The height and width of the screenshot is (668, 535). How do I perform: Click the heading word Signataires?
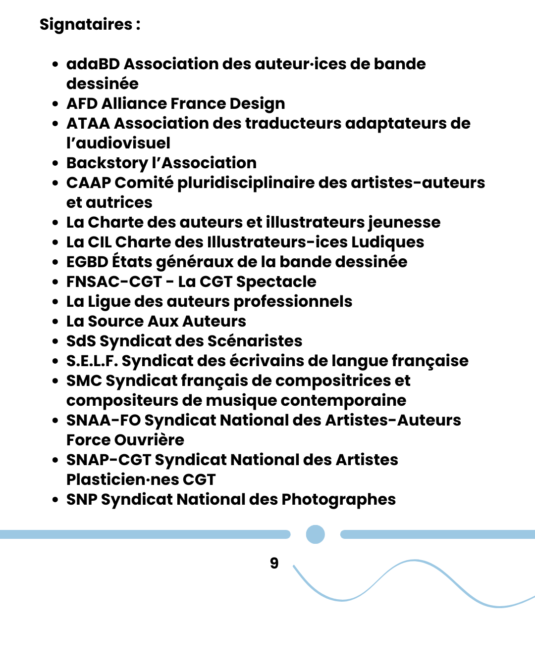click(86, 24)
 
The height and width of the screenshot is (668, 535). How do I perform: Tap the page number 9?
click(274, 563)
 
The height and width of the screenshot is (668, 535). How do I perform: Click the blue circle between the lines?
click(316, 534)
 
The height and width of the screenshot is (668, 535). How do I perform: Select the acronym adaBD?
click(93, 64)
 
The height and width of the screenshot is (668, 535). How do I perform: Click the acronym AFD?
click(82, 103)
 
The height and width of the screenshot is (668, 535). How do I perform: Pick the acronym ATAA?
click(88, 123)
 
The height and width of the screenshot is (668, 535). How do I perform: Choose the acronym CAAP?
click(88, 183)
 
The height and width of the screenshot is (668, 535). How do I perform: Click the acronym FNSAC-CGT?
click(114, 282)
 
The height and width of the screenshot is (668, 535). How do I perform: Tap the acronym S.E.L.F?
click(92, 361)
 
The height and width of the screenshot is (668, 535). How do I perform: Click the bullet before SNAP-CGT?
click(55, 460)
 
